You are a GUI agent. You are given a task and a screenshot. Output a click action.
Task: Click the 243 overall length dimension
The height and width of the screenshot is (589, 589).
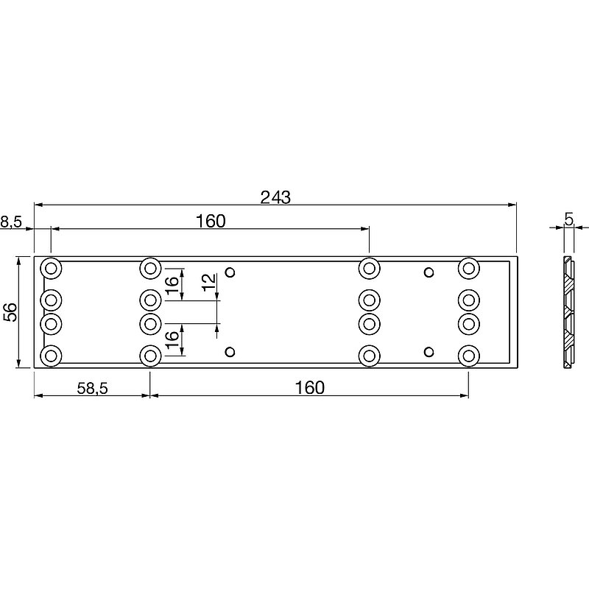275,197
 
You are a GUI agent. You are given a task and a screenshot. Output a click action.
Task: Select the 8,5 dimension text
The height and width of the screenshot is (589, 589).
11,222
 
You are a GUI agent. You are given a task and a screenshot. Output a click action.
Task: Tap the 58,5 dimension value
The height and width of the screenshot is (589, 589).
93,389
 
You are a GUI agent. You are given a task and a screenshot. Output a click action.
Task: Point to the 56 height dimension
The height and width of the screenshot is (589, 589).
11,311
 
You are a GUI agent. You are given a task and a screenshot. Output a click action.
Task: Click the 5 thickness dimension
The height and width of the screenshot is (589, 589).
569,219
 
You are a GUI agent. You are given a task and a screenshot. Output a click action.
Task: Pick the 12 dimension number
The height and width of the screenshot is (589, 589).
209,283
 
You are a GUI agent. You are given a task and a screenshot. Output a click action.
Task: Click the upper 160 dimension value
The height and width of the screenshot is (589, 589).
211,222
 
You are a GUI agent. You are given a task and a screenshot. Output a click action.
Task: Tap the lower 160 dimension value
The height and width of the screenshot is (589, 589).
309,388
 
